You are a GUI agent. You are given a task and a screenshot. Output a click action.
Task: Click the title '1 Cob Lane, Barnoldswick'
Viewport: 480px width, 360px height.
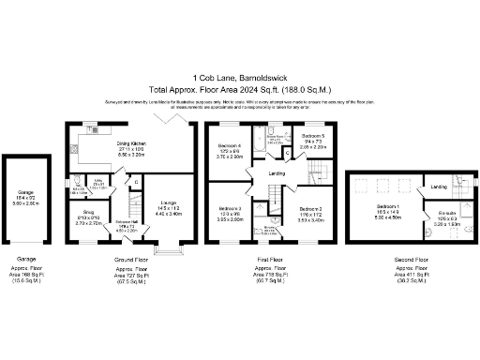pos(240,77)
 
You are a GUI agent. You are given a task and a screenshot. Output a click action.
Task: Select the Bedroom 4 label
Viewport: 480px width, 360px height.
pos(231,146)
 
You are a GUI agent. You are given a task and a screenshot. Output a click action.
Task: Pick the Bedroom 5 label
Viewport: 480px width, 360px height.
pos(313,137)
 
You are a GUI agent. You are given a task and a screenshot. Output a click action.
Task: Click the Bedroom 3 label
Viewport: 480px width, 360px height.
pos(231,208)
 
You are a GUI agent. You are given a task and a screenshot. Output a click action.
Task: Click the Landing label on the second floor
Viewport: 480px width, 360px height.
pos(439,187)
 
